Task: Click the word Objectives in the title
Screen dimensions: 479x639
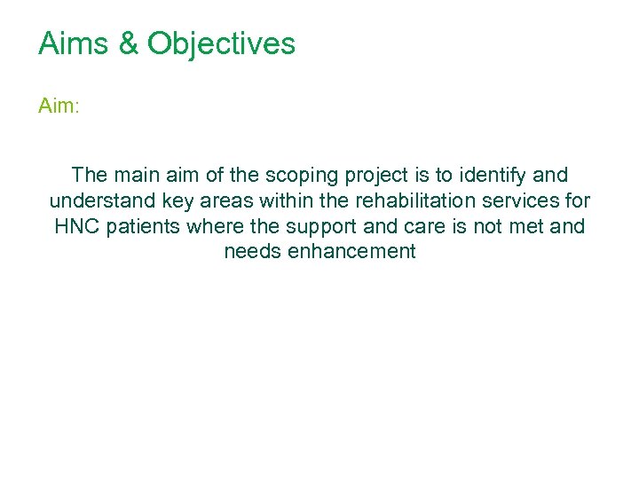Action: (221, 43)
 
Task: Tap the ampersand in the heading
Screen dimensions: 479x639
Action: (128, 43)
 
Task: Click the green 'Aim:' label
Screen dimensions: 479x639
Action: (59, 106)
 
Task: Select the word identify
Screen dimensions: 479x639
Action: (490, 175)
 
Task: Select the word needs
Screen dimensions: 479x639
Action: (248, 252)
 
